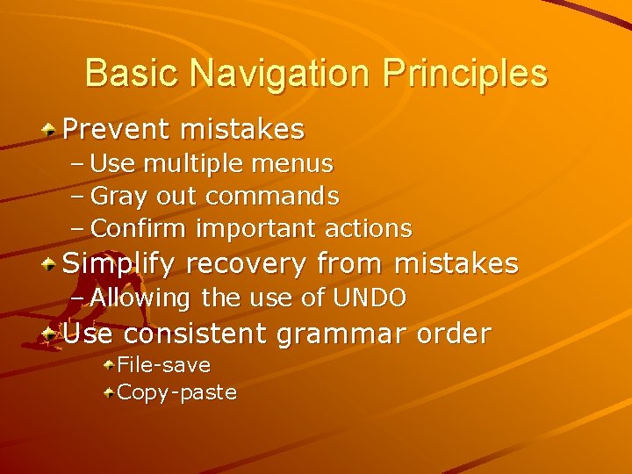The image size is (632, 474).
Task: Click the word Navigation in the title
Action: (281, 73)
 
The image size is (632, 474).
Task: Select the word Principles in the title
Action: (465, 73)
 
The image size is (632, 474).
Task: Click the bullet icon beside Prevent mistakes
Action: (52, 130)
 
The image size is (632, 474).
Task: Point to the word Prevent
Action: (117, 130)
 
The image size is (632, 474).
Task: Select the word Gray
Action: (120, 196)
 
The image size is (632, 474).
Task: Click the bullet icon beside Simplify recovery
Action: (52, 263)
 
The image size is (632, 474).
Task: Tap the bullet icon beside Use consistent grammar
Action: (52, 334)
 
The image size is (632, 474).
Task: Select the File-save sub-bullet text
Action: (163, 364)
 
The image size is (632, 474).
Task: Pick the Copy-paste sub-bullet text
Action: (176, 392)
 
